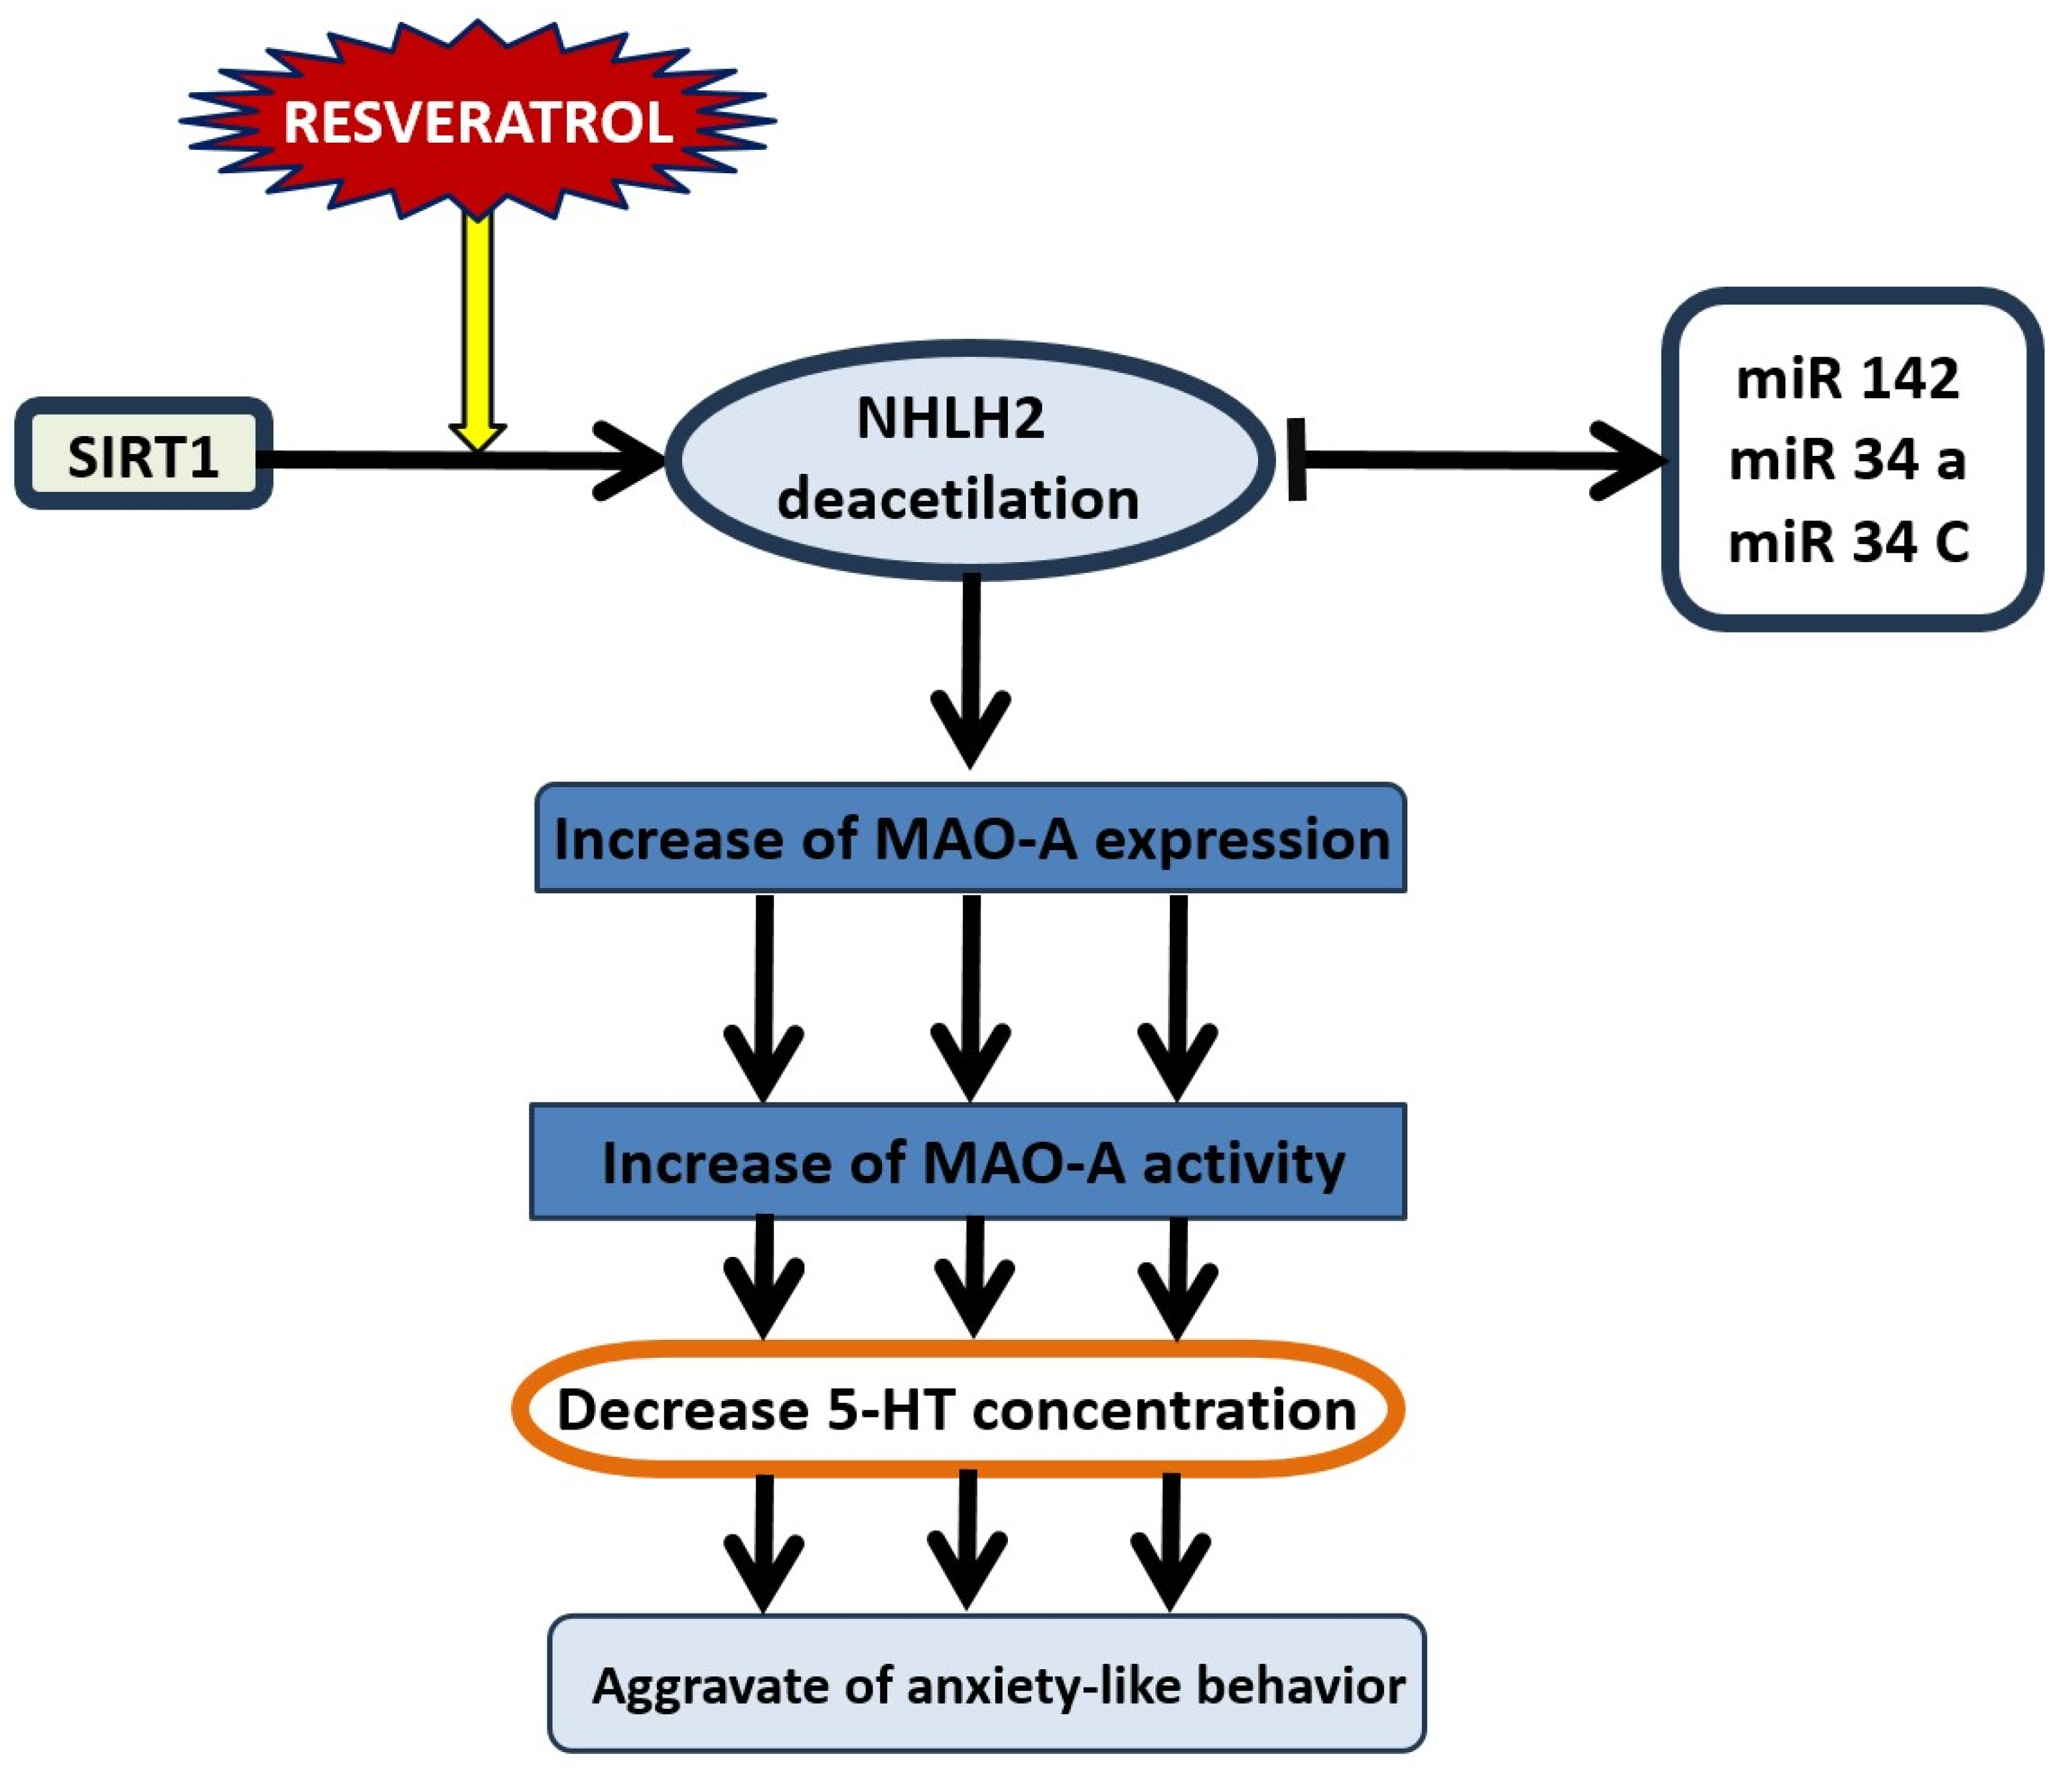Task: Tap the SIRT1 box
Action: [144, 456]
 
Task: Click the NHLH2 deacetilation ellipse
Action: [968, 460]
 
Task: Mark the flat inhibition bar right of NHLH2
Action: [1297, 460]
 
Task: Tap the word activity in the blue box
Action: [1243, 1163]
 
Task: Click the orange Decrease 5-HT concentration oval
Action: [958, 1410]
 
